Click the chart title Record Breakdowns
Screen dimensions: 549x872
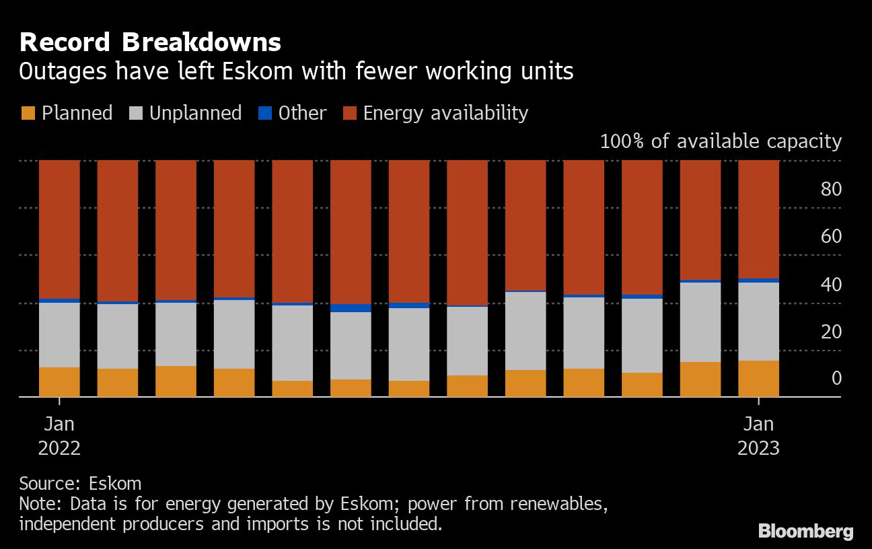tap(150, 42)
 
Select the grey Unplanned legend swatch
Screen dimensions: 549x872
tap(135, 113)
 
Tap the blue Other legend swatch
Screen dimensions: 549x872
tap(264, 113)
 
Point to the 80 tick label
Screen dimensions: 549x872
tap(831, 189)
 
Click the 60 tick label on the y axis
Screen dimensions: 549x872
tap(831, 237)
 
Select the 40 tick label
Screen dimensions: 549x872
tap(831, 285)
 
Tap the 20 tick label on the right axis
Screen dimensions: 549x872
tap(831, 332)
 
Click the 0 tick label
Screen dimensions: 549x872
tap(836, 379)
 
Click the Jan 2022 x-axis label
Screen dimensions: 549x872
tap(59, 436)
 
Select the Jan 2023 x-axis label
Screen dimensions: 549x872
tap(758, 436)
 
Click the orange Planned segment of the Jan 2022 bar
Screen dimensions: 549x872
tap(59, 381)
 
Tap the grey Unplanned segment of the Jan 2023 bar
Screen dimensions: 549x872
tap(758, 321)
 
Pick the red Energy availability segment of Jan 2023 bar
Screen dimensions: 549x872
tap(758, 219)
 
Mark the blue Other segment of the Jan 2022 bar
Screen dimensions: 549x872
tap(59, 300)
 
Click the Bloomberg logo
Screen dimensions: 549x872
tap(805, 531)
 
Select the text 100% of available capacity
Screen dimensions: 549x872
tap(720, 141)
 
